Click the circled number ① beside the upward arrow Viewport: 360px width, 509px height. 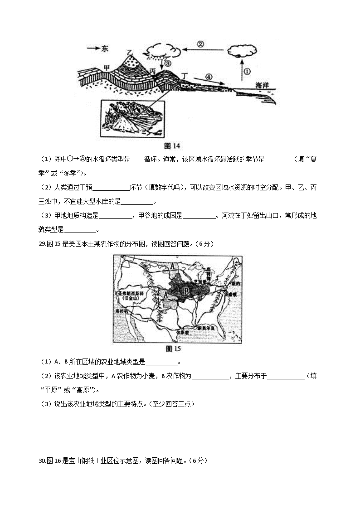[x=247, y=71]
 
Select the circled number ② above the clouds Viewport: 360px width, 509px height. [x=201, y=44]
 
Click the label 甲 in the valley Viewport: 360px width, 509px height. [x=107, y=67]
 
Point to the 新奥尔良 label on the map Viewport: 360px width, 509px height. [x=206, y=327]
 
